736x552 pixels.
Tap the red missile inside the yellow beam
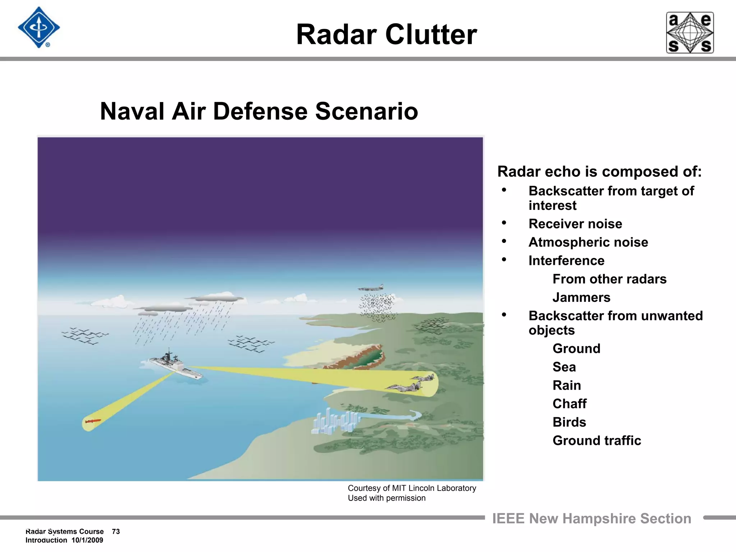tap(93, 421)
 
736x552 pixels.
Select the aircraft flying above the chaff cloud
tap(371, 287)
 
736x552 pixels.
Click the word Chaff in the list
tap(569, 404)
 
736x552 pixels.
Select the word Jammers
tap(581, 297)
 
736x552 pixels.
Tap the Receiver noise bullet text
tap(575, 224)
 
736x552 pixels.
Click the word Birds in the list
tap(569, 422)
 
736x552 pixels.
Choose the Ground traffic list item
tap(597, 440)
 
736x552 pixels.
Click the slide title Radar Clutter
tap(386, 34)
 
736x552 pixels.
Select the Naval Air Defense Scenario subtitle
tap(259, 111)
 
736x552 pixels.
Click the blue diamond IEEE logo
tap(39, 28)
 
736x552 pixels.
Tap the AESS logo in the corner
tap(690, 33)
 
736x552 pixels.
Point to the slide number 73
tap(116, 531)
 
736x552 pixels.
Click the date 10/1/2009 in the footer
tap(87, 540)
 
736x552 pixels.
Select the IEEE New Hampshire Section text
tap(591, 518)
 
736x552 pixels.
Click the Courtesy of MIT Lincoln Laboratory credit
tap(411, 488)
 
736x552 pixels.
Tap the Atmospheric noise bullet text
tap(588, 242)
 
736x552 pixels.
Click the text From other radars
tap(609, 279)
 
